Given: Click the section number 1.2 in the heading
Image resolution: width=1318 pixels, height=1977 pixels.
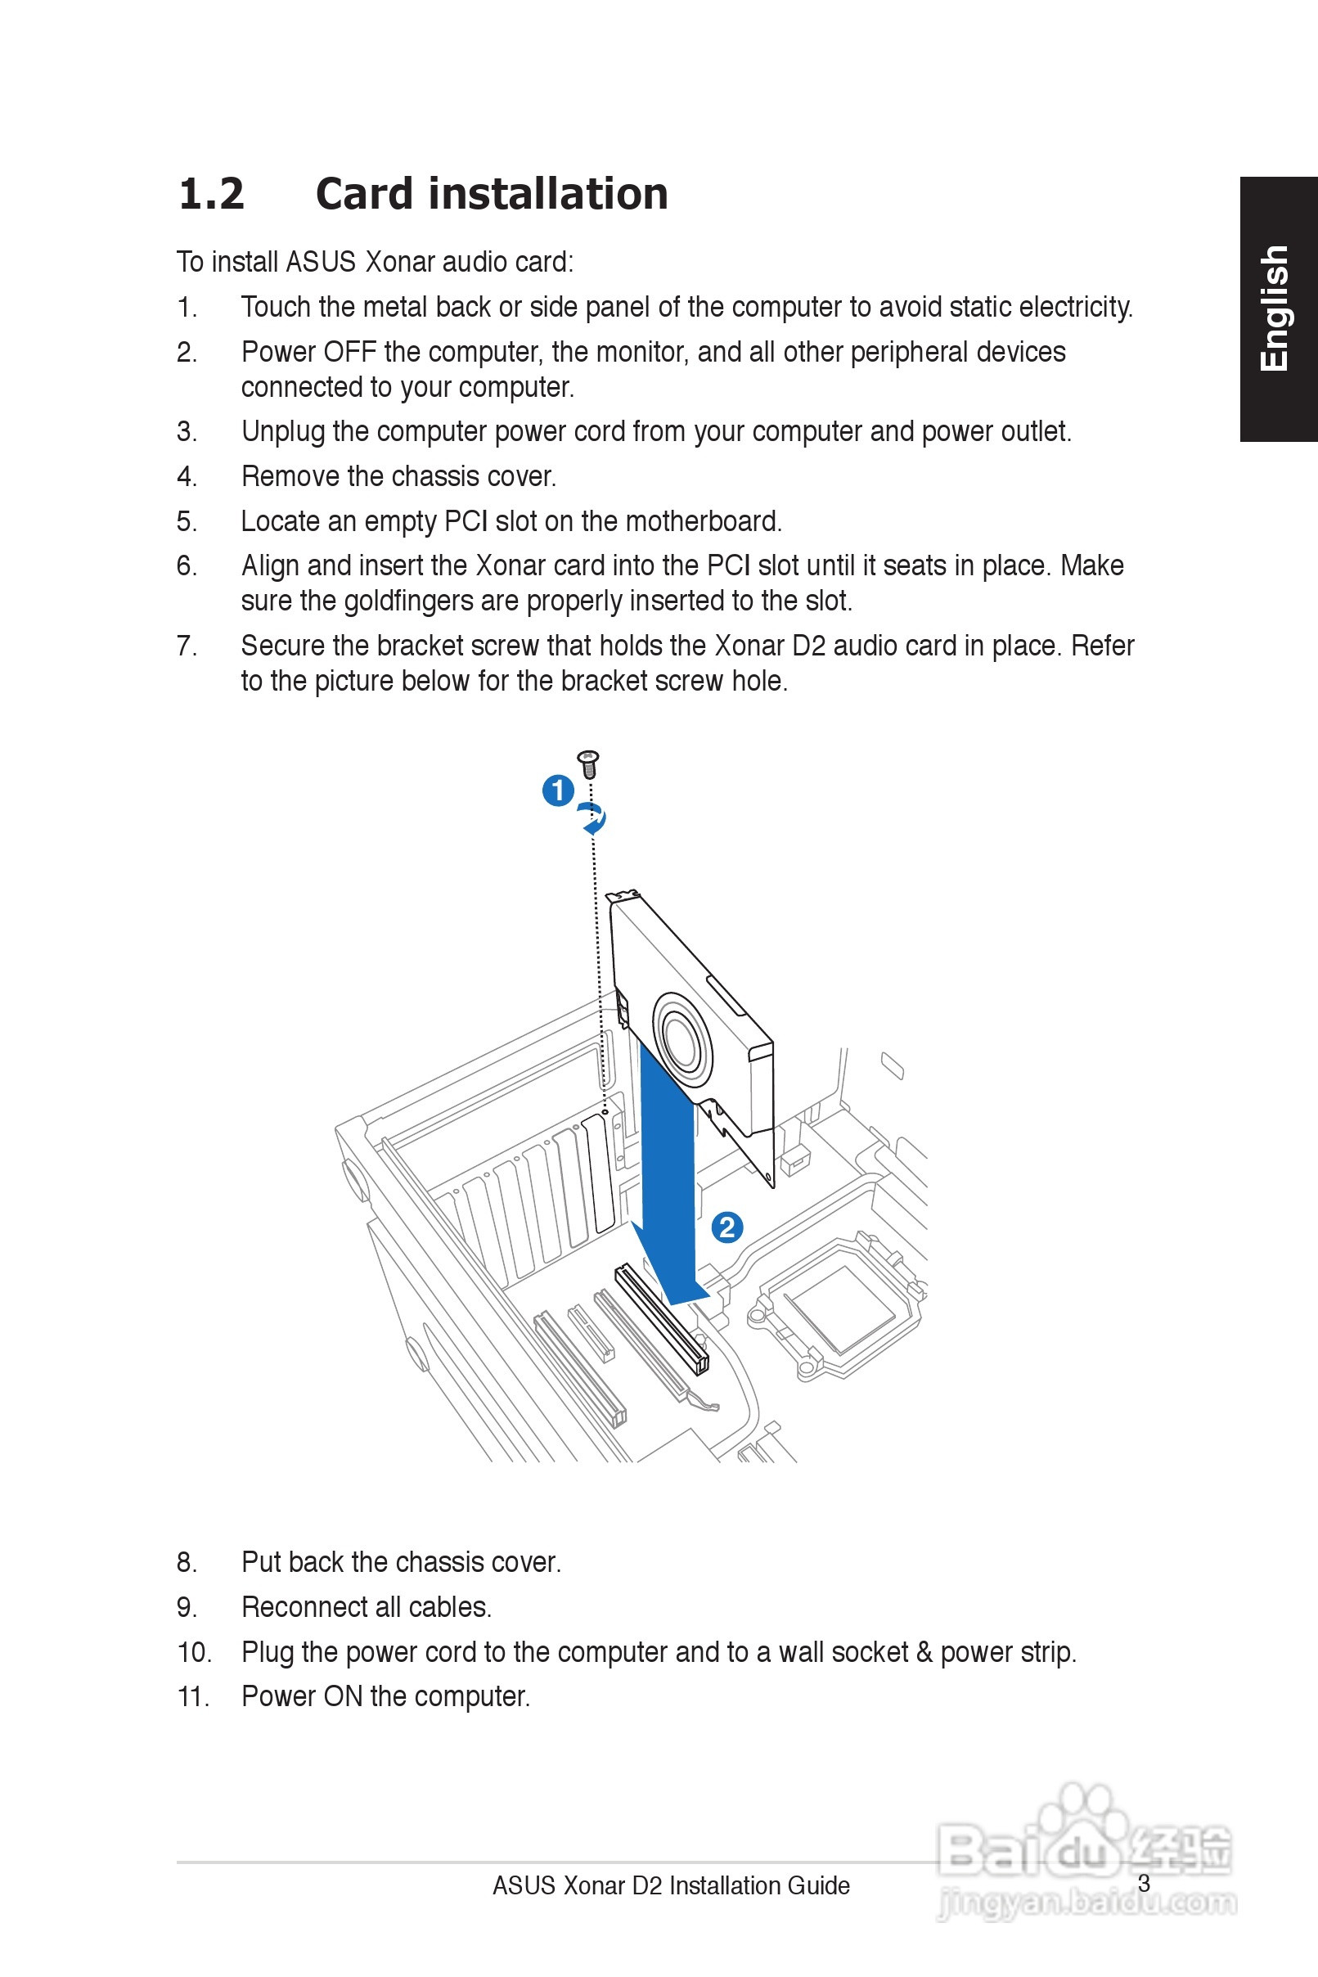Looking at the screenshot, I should click(211, 194).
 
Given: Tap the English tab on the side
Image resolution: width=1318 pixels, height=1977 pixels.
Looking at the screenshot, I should click(1275, 308).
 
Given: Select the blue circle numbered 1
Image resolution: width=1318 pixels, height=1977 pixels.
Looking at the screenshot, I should click(558, 790).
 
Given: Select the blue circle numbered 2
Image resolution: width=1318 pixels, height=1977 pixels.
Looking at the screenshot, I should click(727, 1227).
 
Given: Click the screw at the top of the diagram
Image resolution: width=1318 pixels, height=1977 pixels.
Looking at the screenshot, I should click(588, 763).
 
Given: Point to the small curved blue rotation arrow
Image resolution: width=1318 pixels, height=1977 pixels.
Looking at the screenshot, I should click(593, 817).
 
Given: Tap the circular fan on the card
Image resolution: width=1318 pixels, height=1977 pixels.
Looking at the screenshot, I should click(682, 1043).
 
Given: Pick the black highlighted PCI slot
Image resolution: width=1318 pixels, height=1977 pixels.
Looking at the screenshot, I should click(662, 1319).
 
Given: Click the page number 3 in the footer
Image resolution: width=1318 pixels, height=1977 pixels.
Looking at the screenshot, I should click(1143, 1883).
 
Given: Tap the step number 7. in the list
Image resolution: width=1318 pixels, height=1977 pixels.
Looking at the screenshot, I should click(187, 646).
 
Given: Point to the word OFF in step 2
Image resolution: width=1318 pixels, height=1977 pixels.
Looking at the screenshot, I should click(349, 352).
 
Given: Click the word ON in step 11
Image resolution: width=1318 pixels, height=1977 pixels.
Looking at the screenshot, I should click(343, 1696).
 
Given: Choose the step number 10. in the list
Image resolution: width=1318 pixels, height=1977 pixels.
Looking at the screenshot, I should click(194, 1651).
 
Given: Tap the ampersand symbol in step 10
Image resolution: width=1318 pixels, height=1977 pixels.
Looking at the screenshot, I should click(924, 1651).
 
